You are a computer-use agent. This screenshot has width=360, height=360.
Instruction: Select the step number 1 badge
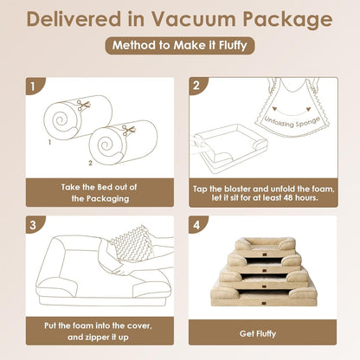pyautogui.click(x=31, y=85)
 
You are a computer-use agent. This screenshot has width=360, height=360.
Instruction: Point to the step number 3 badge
pyautogui.click(x=31, y=223)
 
